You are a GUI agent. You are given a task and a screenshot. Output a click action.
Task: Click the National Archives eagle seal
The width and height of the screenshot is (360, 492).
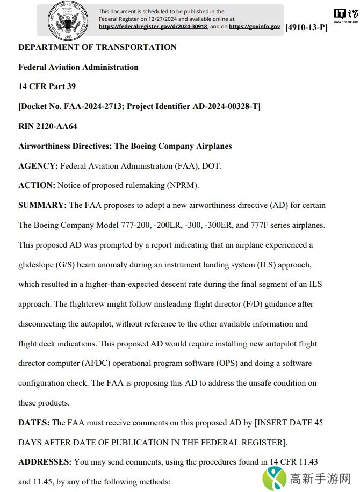[x=67, y=21]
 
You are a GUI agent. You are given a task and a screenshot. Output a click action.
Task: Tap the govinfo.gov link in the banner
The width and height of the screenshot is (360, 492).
[x=254, y=26]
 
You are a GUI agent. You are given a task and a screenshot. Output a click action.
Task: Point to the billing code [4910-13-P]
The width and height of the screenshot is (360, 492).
[x=306, y=27]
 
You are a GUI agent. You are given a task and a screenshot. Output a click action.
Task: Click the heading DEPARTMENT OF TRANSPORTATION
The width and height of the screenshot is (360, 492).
[x=97, y=47]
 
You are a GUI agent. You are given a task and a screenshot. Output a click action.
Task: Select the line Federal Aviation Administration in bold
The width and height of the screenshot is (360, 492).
[x=78, y=67]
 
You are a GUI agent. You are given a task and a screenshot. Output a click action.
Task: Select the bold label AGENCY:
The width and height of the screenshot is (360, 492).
[x=38, y=166]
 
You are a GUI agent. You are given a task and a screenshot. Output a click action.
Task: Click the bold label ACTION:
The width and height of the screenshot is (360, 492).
[x=37, y=185]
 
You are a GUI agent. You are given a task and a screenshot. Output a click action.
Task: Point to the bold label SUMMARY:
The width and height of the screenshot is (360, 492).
[x=42, y=205]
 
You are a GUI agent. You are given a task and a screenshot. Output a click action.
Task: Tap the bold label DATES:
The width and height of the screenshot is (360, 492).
[x=34, y=423]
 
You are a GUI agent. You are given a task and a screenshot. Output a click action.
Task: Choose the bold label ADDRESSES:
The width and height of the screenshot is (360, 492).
[x=45, y=462]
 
